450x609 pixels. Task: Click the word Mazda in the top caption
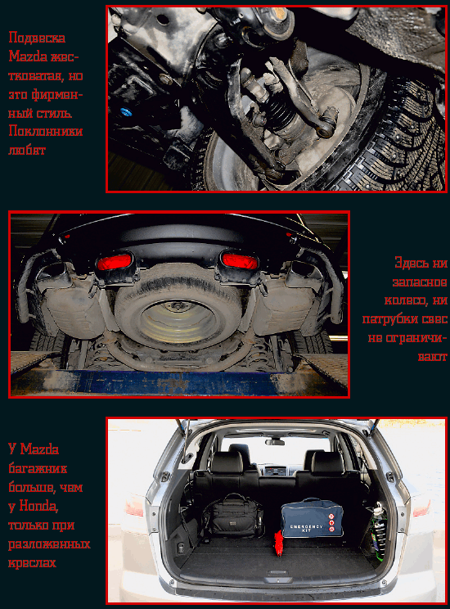(28, 56)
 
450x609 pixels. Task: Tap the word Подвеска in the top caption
(37, 38)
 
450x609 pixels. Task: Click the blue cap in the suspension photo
(125, 112)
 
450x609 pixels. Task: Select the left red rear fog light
(115, 262)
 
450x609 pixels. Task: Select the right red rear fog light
(240, 260)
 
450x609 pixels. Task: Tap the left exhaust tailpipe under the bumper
(53, 270)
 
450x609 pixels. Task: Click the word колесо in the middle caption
(416, 300)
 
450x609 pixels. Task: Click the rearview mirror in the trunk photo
(275, 442)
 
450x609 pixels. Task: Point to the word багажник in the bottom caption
(38, 468)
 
